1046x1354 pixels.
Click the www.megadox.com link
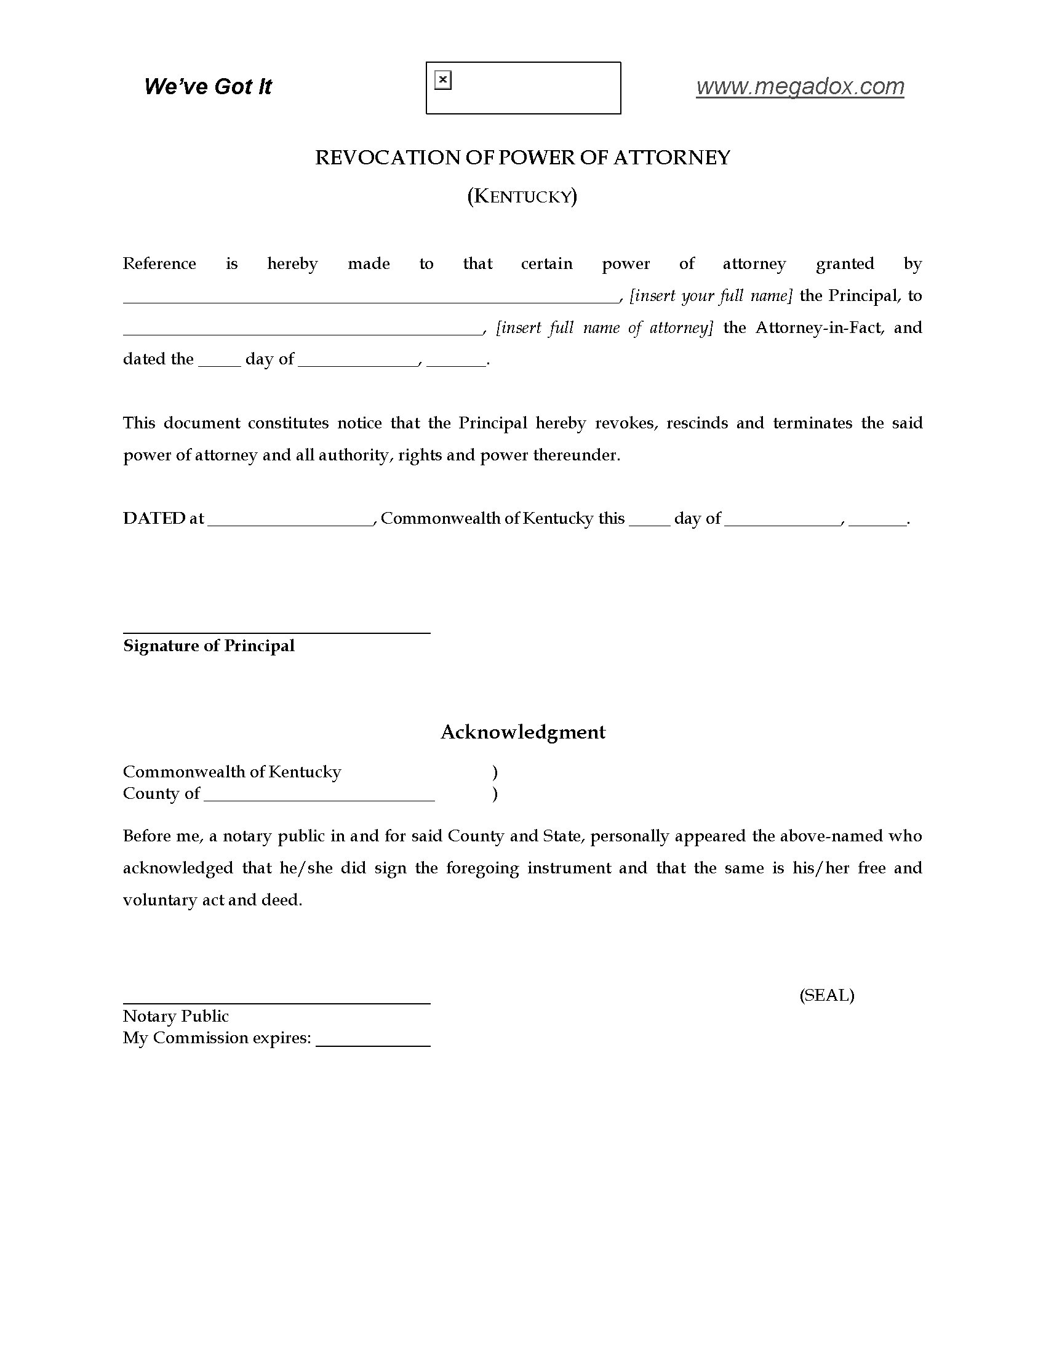[x=799, y=86]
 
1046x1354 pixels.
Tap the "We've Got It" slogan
[x=207, y=86]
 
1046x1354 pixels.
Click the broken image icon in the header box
[x=443, y=80]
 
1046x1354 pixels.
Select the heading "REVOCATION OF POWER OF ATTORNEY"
[x=522, y=158]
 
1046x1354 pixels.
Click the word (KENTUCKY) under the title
[x=522, y=196]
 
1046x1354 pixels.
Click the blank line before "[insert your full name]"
[x=370, y=300]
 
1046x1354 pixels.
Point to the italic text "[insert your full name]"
[x=711, y=295]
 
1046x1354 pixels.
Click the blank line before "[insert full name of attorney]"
[x=302, y=332]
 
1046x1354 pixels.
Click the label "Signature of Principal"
[x=209, y=646]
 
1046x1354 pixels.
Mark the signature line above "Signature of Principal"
[x=276, y=632]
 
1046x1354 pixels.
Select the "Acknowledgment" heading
[x=522, y=732]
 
